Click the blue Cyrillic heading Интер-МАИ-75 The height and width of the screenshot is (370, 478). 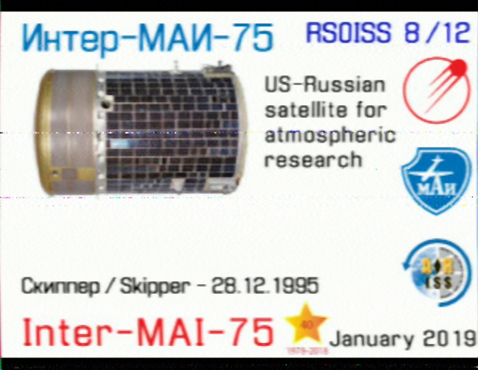(x=147, y=38)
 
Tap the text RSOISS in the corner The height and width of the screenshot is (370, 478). (x=349, y=32)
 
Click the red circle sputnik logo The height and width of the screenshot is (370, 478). (x=436, y=90)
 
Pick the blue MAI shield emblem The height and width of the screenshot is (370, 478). (x=436, y=181)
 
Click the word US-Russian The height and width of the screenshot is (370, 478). (x=325, y=84)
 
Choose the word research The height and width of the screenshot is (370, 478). (x=313, y=160)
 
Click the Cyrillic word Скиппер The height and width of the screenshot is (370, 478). (x=60, y=286)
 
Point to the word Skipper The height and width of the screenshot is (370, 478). (x=154, y=286)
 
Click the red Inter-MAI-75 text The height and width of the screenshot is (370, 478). (x=148, y=332)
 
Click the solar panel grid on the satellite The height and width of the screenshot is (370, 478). (x=171, y=131)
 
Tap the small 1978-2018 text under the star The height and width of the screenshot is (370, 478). (x=307, y=351)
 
